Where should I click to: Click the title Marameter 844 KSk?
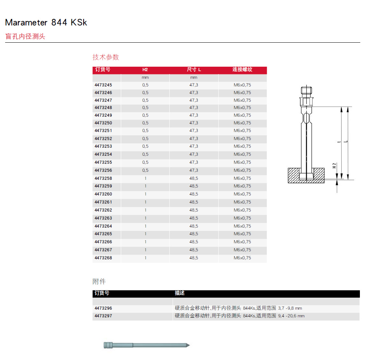click(x=46, y=23)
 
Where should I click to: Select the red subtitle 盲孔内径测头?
click(x=25, y=36)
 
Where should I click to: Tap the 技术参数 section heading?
click(x=106, y=57)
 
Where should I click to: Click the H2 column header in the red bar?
click(x=145, y=70)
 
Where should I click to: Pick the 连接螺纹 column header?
click(x=242, y=70)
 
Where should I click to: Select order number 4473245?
click(x=103, y=85)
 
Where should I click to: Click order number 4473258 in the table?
click(x=103, y=178)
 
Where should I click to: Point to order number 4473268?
click(x=103, y=258)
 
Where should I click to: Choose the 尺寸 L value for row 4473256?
click(x=194, y=170)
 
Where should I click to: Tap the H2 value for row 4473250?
click(x=145, y=123)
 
